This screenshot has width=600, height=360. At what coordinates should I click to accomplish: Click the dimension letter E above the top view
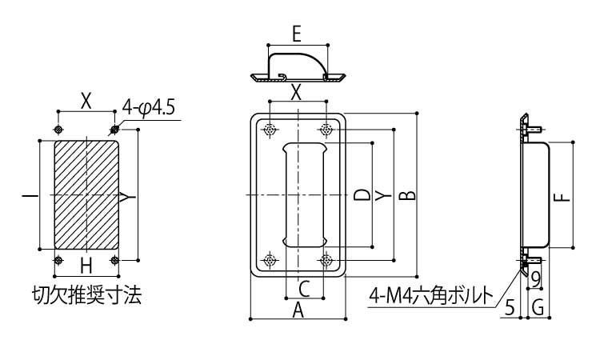point(297,34)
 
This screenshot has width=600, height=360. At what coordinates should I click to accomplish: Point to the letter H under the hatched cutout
point(86,265)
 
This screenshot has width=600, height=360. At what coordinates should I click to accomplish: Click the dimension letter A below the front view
point(298,311)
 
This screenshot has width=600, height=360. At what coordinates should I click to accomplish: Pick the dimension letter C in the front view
point(304,288)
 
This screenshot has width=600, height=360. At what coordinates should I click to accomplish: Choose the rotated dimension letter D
point(362,194)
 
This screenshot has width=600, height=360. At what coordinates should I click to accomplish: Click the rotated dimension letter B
point(407,195)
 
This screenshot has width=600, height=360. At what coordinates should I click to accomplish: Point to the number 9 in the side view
point(535,278)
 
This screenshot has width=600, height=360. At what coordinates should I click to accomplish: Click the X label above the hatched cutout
point(86,101)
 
